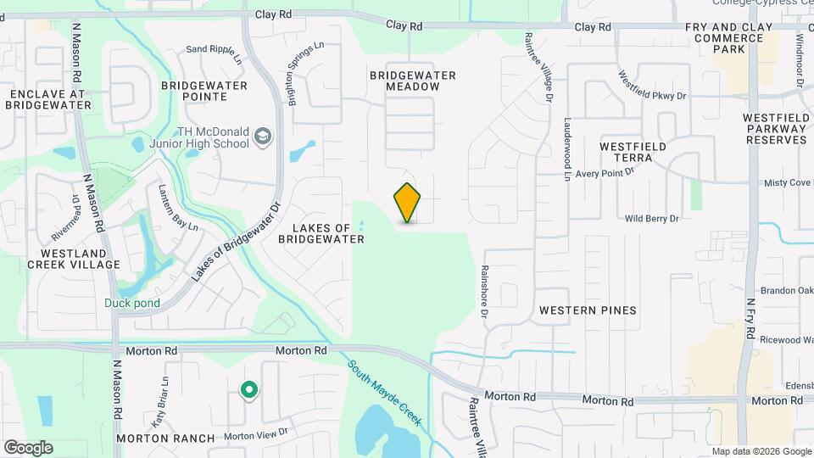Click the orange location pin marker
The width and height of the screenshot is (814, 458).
[408, 203]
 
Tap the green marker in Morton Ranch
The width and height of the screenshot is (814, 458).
[248, 390]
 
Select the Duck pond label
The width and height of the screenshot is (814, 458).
[132, 303]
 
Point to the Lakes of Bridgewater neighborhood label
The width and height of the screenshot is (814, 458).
[321, 233]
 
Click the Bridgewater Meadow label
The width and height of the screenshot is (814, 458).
[412, 81]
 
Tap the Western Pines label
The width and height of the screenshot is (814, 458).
[588, 310]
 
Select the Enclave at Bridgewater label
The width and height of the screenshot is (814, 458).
[47, 99]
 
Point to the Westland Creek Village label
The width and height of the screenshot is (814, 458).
[73, 259]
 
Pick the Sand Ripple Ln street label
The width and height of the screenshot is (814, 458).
[214, 49]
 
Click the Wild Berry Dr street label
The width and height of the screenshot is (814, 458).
[652, 219]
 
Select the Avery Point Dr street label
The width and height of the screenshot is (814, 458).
[605, 173]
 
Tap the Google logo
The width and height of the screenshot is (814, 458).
[28, 447]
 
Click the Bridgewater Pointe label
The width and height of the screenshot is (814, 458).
[204, 91]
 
